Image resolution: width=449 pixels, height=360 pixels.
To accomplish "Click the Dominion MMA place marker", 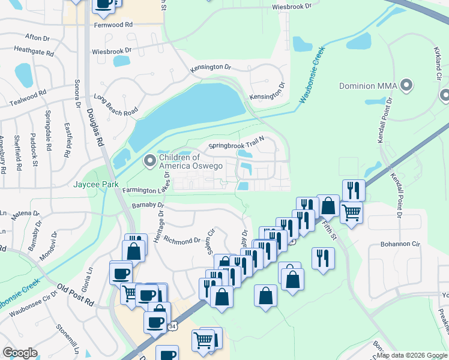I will coord(408,85).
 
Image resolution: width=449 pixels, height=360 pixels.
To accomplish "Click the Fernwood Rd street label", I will coord(113,25).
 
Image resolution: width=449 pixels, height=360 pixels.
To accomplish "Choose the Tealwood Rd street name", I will coord(23,99).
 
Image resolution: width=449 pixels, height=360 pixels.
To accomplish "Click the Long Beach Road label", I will coord(116,105).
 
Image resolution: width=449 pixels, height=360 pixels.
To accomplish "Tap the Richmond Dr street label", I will coord(182,241).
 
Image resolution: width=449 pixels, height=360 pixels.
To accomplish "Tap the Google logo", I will coord(20,353).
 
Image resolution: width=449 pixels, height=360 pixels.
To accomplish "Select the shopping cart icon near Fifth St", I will coord(351,211).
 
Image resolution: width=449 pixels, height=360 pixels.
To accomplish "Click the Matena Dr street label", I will coord(26,213).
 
